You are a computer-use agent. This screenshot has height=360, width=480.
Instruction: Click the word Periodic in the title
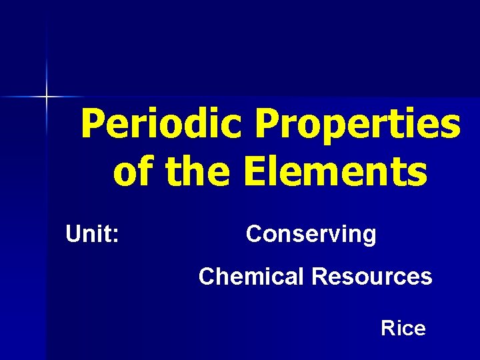coord(163,124)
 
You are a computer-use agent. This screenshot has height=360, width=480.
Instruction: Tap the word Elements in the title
coord(335,171)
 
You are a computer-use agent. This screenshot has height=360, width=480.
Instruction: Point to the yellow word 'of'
coord(135,171)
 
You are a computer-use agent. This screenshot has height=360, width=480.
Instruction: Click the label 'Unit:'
coord(93,234)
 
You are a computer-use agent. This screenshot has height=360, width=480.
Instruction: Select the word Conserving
coord(311,235)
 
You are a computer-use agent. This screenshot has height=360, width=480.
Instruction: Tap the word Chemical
coord(251,276)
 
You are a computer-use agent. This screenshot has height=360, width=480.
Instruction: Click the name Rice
coord(403,328)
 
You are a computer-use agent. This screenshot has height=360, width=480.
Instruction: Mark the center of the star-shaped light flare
coord(47,97)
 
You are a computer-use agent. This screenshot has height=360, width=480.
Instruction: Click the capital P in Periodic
coord(93,124)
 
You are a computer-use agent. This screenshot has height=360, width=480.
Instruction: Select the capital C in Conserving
coord(254,235)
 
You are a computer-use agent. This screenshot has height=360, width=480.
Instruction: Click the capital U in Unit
coord(73,234)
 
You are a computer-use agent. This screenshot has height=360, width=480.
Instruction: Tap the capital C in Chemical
coord(207,276)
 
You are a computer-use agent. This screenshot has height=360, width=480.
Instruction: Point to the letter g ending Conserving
coord(369,237)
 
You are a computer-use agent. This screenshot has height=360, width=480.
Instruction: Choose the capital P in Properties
coord(268,124)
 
